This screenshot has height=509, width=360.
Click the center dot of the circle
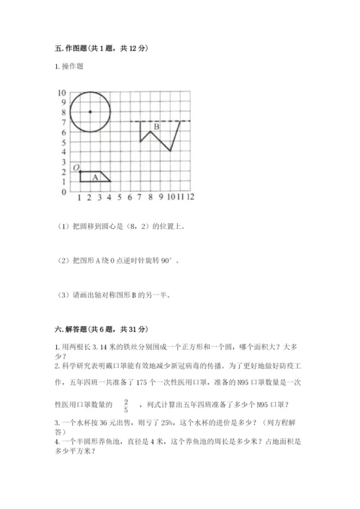(x=89, y=112)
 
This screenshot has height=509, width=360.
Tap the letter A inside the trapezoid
(x=94, y=178)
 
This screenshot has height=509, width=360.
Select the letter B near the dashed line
(x=156, y=128)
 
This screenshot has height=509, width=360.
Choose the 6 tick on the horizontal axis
(x=130, y=196)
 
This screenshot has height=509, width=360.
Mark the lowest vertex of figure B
(x=170, y=151)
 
